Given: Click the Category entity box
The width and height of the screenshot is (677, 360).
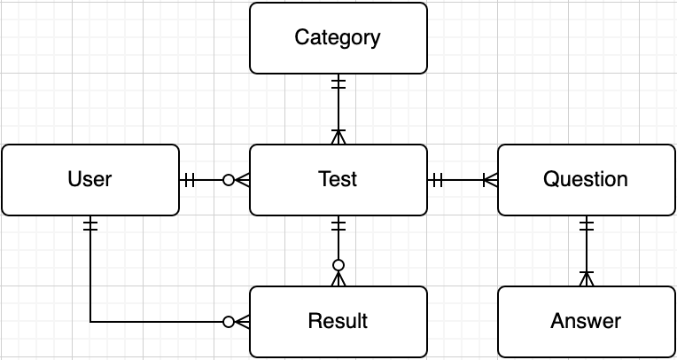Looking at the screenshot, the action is [x=338, y=38].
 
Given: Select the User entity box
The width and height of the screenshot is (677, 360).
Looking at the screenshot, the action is [x=90, y=180].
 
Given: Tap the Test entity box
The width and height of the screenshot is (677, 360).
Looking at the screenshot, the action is [x=338, y=180].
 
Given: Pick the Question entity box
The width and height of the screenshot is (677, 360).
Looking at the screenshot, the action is [x=587, y=180].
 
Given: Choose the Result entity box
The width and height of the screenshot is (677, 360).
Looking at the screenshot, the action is [x=338, y=322].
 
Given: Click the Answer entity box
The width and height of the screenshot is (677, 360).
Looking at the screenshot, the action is [x=587, y=322].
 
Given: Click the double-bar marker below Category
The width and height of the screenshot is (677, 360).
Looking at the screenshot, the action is [x=338, y=84].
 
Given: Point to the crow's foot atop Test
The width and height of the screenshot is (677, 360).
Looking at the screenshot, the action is [x=338, y=137].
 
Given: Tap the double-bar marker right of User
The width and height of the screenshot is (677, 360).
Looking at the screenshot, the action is [x=189, y=180].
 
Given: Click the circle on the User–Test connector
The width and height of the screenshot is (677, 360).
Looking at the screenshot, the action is [x=229, y=180].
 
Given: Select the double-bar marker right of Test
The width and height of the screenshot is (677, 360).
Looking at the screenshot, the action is [x=437, y=180].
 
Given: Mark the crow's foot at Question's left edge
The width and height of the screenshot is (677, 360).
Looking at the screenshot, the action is [x=490, y=180].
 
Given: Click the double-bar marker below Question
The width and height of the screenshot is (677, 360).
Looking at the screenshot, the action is [x=587, y=225].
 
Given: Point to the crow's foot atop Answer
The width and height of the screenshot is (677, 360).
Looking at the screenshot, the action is [x=587, y=278].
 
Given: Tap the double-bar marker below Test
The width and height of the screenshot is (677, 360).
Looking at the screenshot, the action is [x=338, y=225].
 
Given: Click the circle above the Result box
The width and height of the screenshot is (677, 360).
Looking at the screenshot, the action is [x=338, y=264].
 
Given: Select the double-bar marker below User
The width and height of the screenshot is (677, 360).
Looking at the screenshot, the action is [x=90, y=225].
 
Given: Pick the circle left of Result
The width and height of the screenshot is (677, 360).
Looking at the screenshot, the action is [x=229, y=322].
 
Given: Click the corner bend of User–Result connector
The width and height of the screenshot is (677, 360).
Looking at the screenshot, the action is [x=90, y=322].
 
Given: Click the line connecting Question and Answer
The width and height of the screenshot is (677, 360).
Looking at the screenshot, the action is [x=587, y=251].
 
